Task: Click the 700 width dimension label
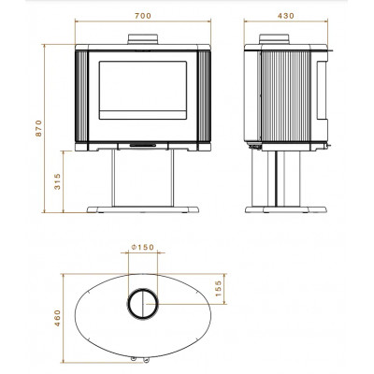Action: coord(143,16)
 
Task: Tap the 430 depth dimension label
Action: coord(286,16)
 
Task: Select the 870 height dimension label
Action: coord(38,128)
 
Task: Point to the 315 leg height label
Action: coord(57,181)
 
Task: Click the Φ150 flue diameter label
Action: coord(143,247)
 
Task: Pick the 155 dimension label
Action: coord(218,288)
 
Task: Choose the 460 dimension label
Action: coord(57,318)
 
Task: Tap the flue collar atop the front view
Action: coord(143,39)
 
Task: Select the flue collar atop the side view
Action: coord(274,39)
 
